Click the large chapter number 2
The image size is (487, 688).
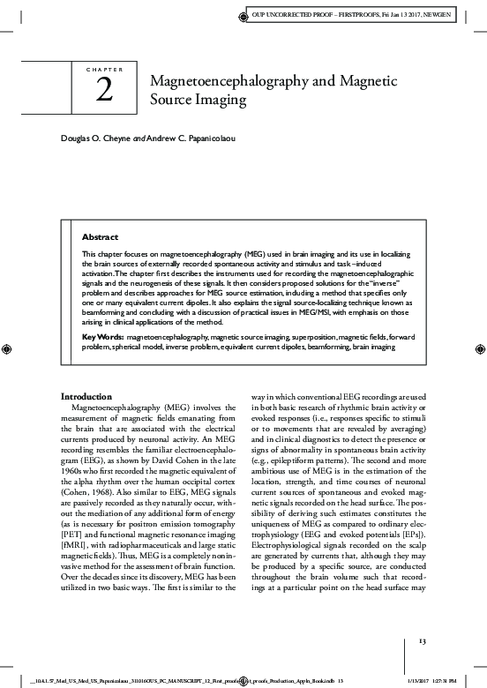click(104, 93)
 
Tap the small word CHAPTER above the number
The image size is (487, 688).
click(104, 69)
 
